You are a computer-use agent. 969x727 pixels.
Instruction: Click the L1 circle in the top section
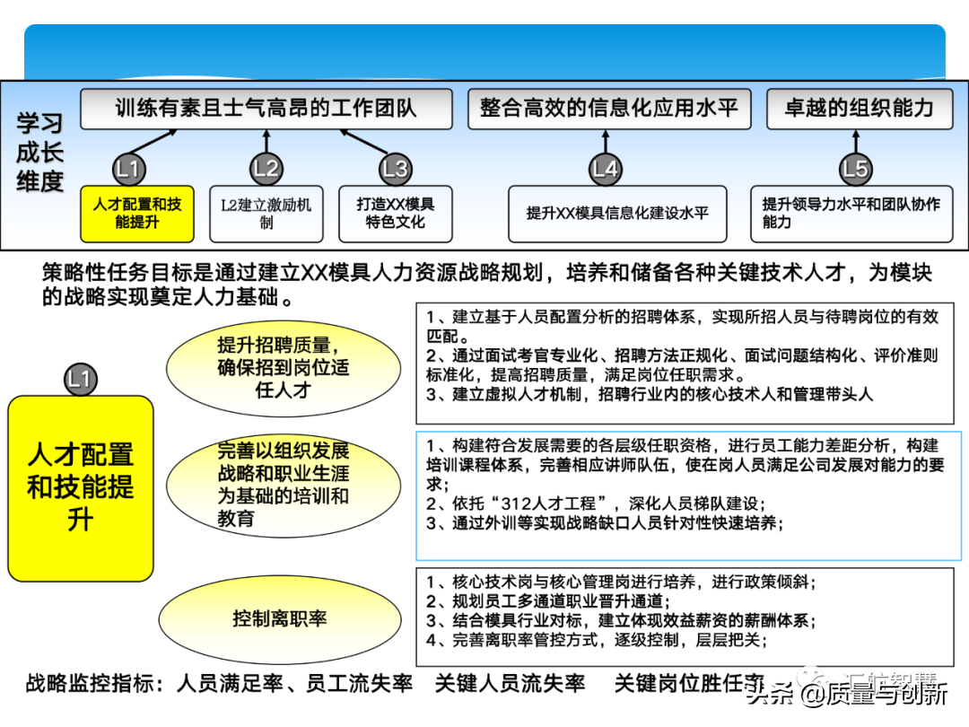click(129, 168)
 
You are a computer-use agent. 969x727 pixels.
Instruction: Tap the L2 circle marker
click(266, 168)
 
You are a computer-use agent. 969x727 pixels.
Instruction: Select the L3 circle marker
click(395, 168)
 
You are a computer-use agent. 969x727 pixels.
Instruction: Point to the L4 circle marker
click(606, 168)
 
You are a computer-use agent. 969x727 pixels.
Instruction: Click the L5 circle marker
click(855, 168)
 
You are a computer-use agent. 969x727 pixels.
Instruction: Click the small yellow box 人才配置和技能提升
click(137, 214)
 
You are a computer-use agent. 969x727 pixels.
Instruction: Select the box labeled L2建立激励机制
click(266, 214)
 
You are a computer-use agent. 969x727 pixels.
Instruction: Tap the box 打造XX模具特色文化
click(395, 214)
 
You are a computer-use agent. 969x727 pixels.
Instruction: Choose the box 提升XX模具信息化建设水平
click(617, 214)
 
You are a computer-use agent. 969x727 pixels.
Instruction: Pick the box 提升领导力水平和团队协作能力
click(851, 214)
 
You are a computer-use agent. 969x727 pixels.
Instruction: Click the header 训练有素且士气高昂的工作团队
click(266, 109)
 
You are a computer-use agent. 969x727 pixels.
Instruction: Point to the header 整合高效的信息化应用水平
click(608, 109)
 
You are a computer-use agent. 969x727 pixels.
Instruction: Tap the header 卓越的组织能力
click(859, 109)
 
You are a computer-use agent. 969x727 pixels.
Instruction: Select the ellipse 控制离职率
click(280, 618)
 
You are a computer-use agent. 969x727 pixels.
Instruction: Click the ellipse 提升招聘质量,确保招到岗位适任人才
click(283, 367)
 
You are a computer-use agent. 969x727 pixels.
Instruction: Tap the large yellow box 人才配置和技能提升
click(81, 487)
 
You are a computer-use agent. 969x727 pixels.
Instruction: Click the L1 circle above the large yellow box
click(80, 379)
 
